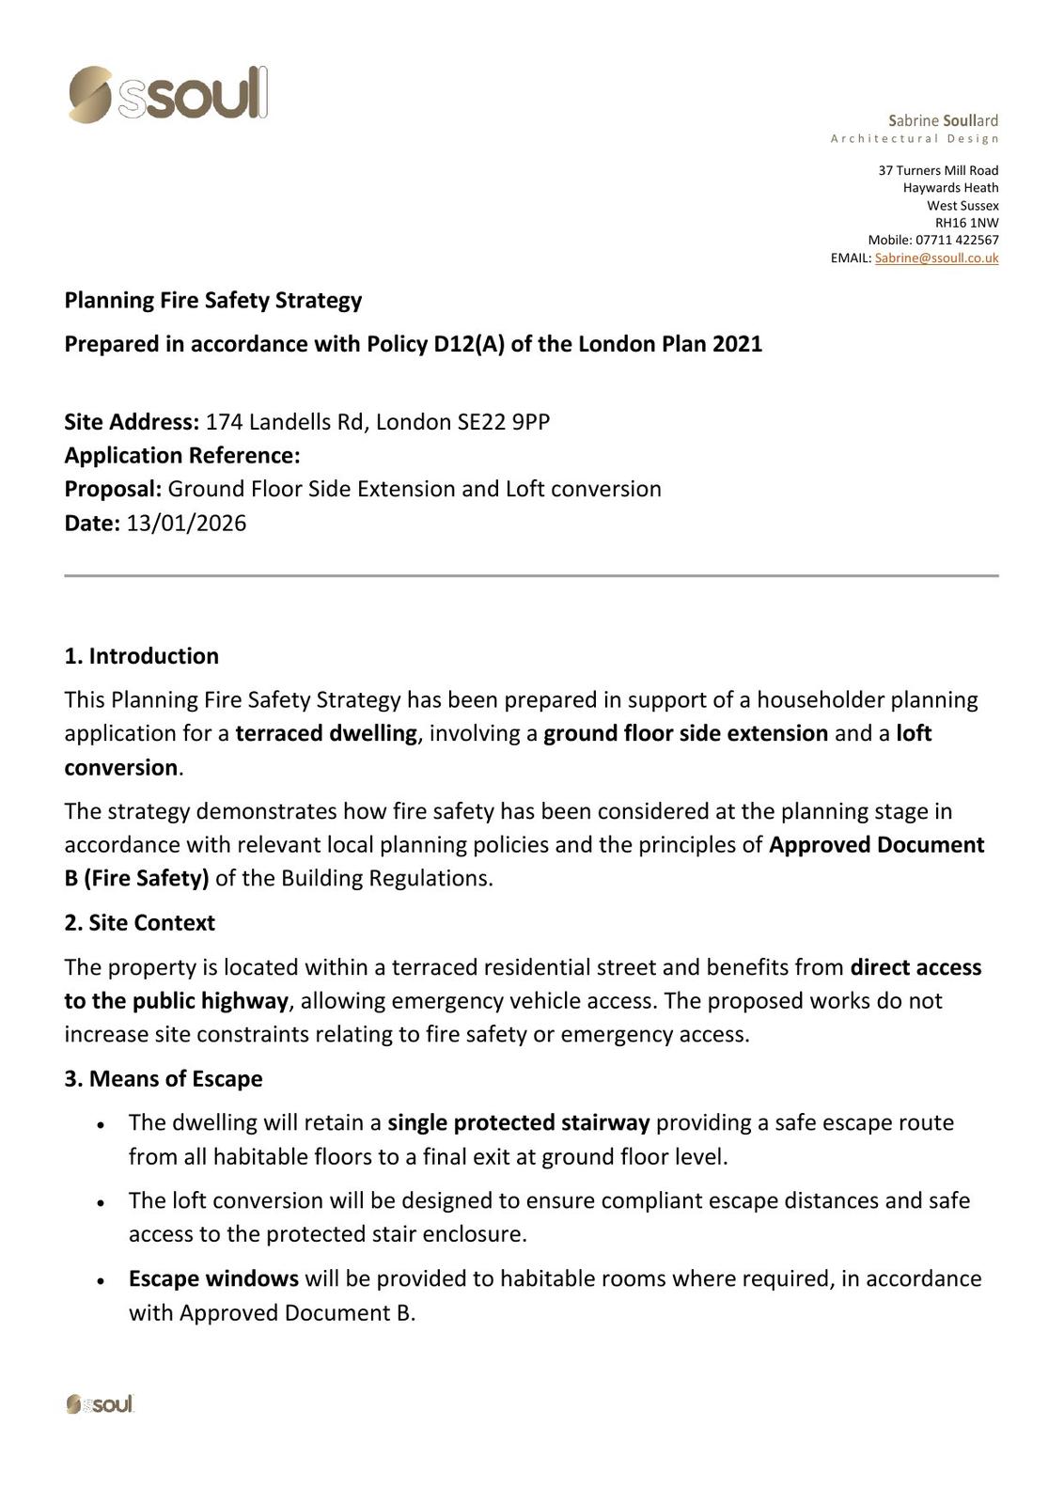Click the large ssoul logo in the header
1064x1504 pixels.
(168, 94)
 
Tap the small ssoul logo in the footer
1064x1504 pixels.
(100, 1404)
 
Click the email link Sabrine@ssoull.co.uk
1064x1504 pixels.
(936, 258)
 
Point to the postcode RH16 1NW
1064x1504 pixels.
(966, 223)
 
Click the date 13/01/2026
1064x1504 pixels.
(186, 523)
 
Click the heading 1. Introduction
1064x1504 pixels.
(141, 656)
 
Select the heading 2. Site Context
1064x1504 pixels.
(139, 923)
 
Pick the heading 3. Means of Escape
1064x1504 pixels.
(163, 1078)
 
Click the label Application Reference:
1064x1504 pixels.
(182, 456)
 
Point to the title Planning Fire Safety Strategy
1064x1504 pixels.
(212, 300)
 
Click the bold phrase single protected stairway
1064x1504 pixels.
(519, 1122)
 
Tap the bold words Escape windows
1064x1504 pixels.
(213, 1278)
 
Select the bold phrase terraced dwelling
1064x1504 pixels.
(326, 733)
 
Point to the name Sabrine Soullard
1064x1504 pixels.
(943, 120)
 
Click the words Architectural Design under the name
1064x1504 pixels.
(915, 139)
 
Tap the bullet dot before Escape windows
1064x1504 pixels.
(101, 1280)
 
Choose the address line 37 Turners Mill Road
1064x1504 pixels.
(938, 170)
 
